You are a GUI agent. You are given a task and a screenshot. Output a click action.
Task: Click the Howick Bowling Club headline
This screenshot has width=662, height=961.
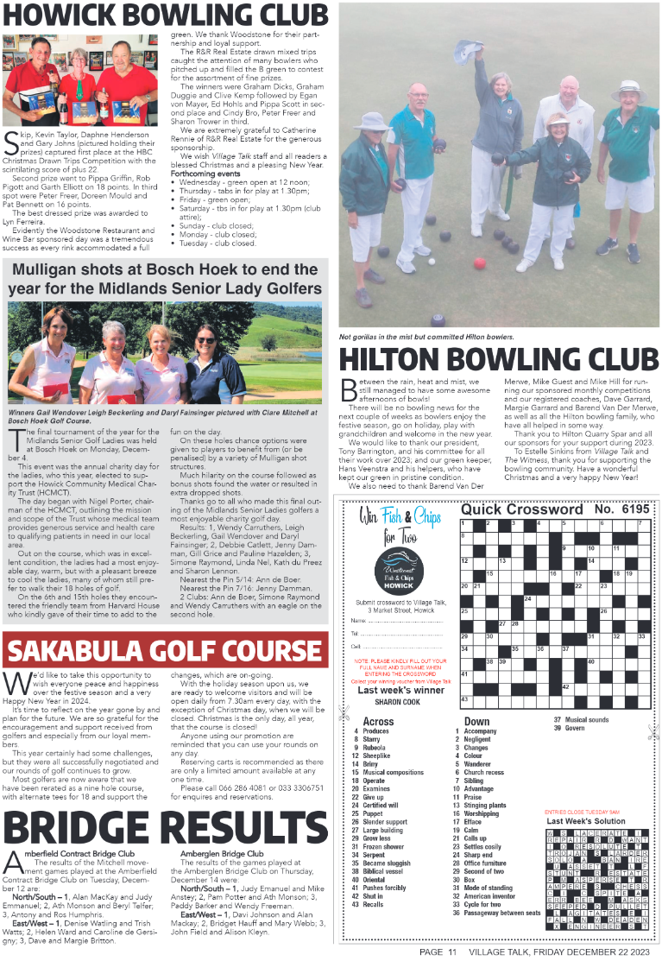[x=165, y=15]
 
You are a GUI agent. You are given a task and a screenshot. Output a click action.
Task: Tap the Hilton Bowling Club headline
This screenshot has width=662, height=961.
[x=499, y=362]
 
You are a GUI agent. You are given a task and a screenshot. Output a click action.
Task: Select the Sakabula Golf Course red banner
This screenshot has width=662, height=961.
[x=165, y=650]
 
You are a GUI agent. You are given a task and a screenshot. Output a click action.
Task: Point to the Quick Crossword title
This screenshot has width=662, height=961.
[x=521, y=509]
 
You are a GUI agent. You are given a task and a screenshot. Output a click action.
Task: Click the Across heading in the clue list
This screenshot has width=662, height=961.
[x=378, y=722]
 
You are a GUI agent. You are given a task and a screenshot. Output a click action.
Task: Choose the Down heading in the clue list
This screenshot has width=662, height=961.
[x=476, y=722]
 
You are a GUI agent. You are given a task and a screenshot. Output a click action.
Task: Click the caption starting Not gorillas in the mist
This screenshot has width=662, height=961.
[x=426, y=336]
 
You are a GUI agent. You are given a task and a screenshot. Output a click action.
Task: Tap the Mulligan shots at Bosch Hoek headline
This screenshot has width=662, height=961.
[x=165, y=278]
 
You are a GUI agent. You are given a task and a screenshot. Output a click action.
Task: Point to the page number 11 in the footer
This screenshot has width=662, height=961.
[x=451, y=952]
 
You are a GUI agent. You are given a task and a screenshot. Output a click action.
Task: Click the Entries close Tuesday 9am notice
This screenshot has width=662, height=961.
[x=582, y=812]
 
